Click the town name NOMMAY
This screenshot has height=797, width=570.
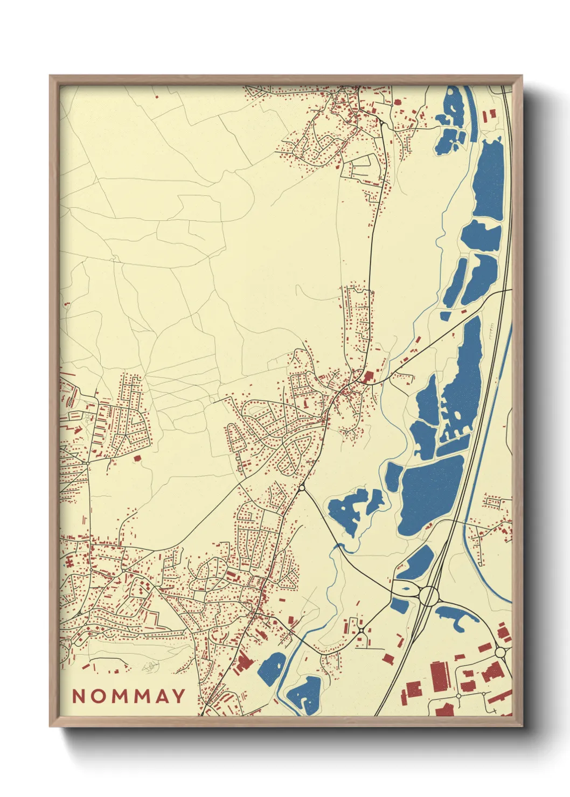pyautogui.click(x=129, y=696)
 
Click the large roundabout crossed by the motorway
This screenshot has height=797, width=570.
pyautogui.click(x=429, y=596)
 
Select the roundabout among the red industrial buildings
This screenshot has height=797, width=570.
pyautogui.click(x=500, y=652)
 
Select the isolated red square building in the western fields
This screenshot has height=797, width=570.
pyautogui.click(x=136, y=458)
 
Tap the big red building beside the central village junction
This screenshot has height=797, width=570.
pyautogui.click(x=369, y=376)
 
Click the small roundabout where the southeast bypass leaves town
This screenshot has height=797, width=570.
pyautogui.click(x=302, y=488)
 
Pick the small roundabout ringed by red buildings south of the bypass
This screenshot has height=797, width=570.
pyautogui.click(x=361, y=629)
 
